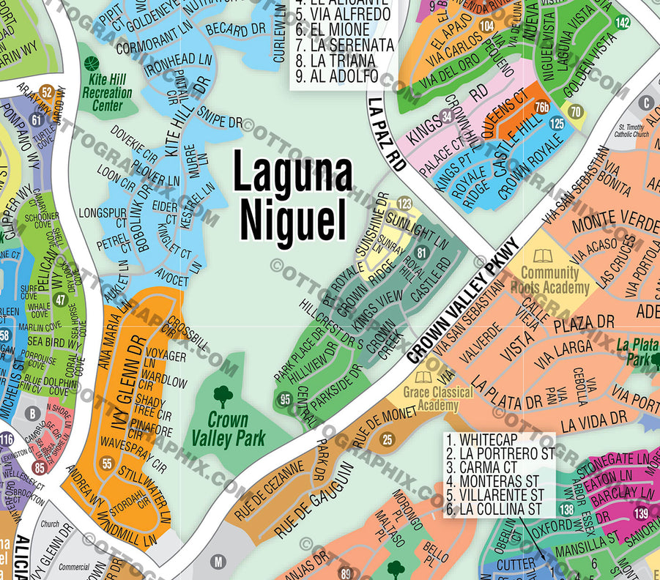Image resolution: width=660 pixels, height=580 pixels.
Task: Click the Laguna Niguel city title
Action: tap(292, 195)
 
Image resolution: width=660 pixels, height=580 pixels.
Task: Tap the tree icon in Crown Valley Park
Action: tap(223, 397)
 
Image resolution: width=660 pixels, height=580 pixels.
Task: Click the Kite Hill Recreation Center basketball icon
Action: tap(92, 65)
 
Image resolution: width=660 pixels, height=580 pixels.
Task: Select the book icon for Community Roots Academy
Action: tap(543, 256)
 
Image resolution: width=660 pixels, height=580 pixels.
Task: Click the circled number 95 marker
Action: tap(285, 399)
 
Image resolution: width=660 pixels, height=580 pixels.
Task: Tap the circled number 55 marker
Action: tap(107, 463)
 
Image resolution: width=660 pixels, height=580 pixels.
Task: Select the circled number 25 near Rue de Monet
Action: tap(388, 439)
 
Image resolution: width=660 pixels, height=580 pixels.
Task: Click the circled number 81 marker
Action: tap(420, 253)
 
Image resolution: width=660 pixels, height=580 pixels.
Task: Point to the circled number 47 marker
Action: tap(60, 300)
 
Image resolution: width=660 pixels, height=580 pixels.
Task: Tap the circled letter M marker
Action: tap(218, 562)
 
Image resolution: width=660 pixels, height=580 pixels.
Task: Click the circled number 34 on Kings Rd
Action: tap(447, 116)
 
